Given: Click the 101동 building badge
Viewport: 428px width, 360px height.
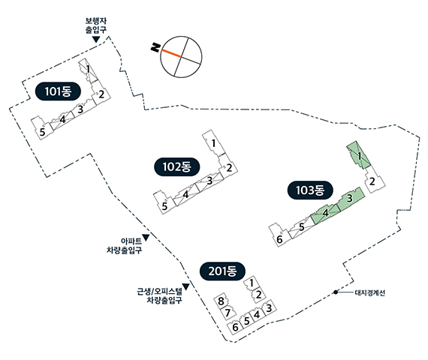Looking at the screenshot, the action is pos(58,91).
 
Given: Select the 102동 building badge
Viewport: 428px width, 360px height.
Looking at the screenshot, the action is pos(177,166).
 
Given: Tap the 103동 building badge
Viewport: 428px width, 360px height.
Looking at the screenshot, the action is pos(310,190).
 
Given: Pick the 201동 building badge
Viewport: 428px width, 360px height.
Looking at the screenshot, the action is pos(222,271).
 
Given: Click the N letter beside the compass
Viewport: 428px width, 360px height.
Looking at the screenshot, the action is pos(155,47).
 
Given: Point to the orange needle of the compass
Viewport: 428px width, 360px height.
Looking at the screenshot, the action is pos(171,53).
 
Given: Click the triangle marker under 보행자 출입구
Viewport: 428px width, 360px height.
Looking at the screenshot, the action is pos(96,39).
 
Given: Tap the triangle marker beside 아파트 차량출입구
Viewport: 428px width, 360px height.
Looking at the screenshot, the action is pos(146,238).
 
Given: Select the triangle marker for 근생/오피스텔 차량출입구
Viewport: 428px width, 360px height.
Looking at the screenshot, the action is pos(186,286).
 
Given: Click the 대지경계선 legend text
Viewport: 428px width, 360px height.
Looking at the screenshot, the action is pos(370,293).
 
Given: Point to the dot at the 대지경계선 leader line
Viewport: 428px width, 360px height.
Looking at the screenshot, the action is pos(336,292).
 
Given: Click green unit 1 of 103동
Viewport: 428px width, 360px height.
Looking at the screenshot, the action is pos(359,155).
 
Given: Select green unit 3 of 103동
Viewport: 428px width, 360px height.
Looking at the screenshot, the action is pos(351,199).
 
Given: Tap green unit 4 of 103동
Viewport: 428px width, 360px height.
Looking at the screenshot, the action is pos(325,214).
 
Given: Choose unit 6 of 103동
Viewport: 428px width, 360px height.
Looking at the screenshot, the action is pos(280,235).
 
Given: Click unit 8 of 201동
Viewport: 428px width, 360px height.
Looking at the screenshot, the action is pos(222,301).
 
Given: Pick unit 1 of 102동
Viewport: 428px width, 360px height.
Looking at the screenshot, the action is pos(214,143).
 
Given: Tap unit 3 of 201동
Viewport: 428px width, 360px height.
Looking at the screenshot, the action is pos(269,308).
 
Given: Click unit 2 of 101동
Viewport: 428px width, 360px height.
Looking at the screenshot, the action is pos(101,95).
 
